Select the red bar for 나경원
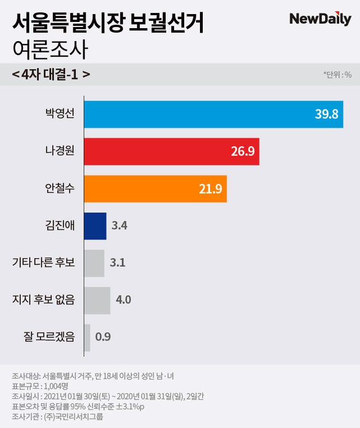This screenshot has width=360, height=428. coord(171,151)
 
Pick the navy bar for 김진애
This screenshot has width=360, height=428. coord(95,226)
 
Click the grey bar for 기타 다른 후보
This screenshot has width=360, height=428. coord(94,263)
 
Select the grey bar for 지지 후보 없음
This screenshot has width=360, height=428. coord(97,300)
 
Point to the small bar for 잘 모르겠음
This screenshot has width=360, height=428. coord(87,337)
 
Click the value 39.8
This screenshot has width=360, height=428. coord(326,114)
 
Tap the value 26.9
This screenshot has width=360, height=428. coord(242,152)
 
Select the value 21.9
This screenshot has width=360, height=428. coord(210,189)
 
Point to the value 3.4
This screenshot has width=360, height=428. coord(120,226)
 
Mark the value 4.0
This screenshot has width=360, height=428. coord(123,300)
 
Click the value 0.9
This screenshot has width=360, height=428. coord(103,337)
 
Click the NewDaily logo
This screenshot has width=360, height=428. coord(320,19)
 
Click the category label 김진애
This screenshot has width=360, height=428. coord(60,226)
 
